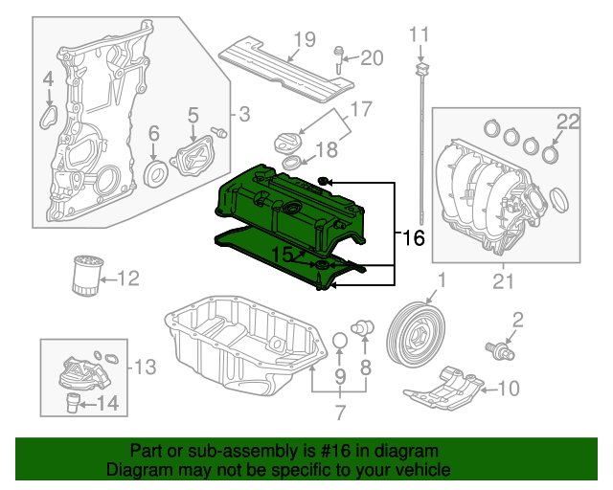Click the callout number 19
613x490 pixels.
click(x=305, y=39)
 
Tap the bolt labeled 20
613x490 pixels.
click(x=339, y=58)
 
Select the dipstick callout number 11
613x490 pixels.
click(x=420, y=35)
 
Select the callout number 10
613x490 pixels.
click(x=510, y=388)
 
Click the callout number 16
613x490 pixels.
click(x=413, y=236)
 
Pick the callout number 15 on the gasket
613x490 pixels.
click(x=282, y=254)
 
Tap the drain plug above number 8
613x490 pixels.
click(x=363, y=327)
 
